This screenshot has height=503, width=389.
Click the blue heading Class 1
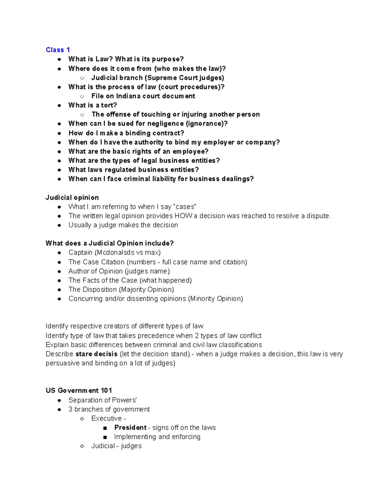coord(58,50)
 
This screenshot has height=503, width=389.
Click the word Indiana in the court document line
coord(128,96)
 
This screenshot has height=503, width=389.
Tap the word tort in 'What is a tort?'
coord(109,105)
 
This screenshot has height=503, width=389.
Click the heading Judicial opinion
coord(72,198)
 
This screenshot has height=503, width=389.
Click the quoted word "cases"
coord(185,207)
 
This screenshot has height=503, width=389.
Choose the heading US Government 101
coord(79,391)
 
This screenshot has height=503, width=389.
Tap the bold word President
coord(130,428)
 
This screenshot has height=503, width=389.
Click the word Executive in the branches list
coord(107,418)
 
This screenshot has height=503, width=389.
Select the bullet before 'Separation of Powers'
coord(59,400)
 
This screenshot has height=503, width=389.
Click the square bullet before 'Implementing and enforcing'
coord(105,437)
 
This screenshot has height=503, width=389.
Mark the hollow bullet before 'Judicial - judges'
coord(82,446)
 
